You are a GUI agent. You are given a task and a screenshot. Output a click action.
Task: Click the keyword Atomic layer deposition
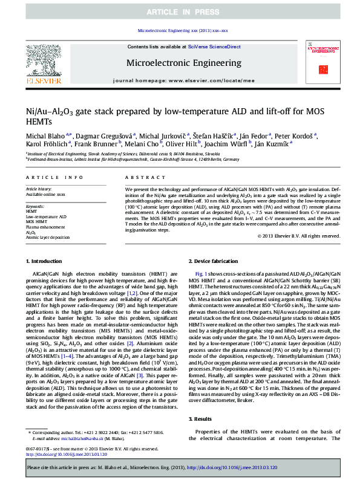[48, 237]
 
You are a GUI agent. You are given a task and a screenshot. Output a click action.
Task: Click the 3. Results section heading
[203, 401]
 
